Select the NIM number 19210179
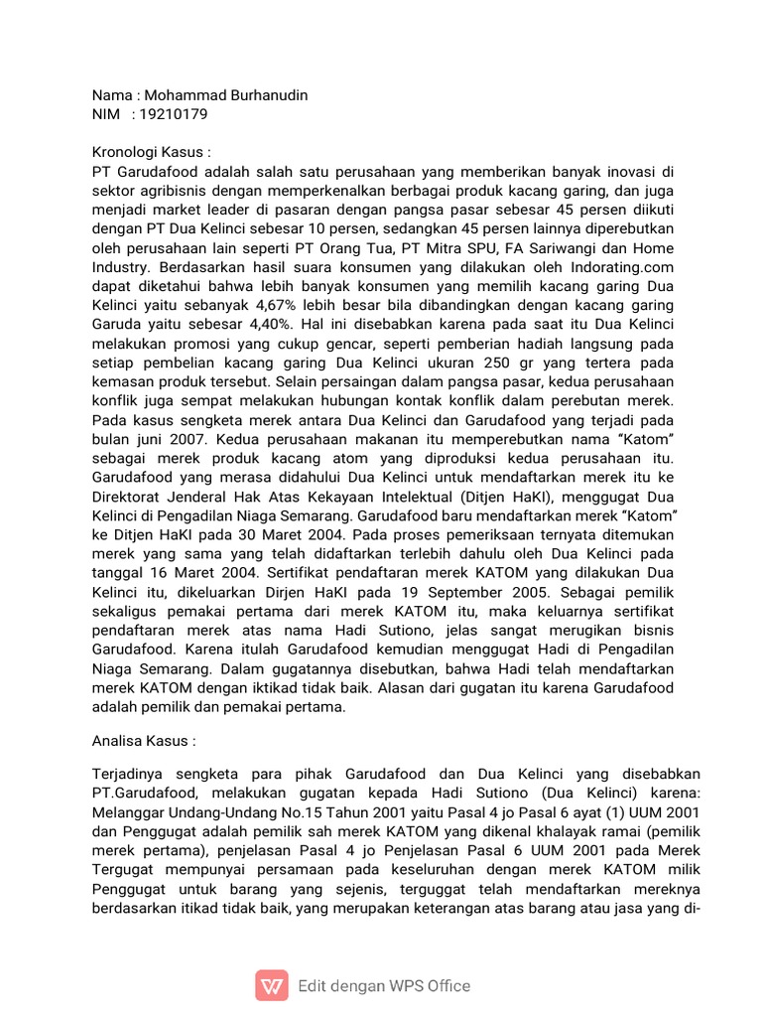pyautogui.click(x=175, y=114)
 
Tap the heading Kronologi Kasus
pyautogui.click(x=151, y=152)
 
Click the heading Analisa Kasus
pyautogui.click(x=143, y=740)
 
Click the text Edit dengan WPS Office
pyautogui.click(x=384, y=985)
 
